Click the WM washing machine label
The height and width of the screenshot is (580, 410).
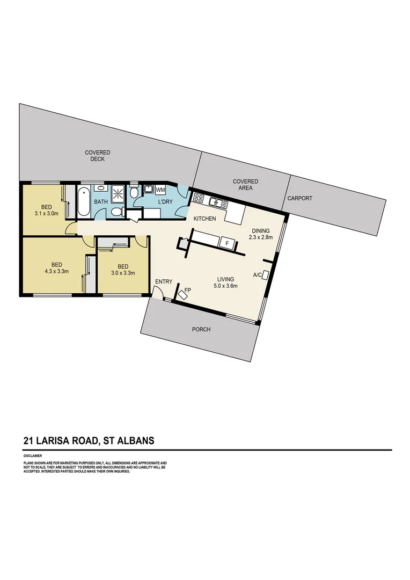pyautogui.click(x=160, y=190)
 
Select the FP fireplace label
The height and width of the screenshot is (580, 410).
pyautogui.click(x=187, y=291)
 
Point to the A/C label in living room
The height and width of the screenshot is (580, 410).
pyautogui.click(x=258, y=275)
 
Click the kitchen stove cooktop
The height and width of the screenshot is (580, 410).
pyautogui.click(x=198, y=199)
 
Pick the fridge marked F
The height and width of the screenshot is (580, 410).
pyautogui.click(x=227, y=243)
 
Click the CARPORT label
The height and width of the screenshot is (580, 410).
pyautogui.click(x=299, y=198)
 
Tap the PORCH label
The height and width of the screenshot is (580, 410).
pyautogui.click(x=201, y=329)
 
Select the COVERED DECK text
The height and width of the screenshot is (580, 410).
pyautogui.click(x=98, y=156)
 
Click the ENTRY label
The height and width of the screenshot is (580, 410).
pyautogui.click(x=163, y=282)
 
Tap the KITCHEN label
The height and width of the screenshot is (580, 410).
pyautogui.click(x=204, y=219)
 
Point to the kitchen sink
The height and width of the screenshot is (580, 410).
pyautogui.click(x=216, y=202)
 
